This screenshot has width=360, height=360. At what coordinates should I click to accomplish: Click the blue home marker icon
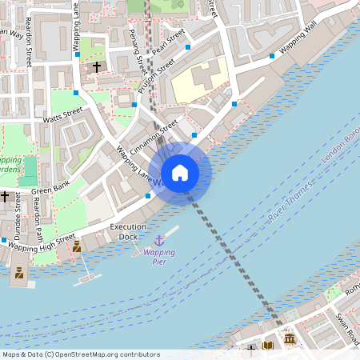[180, 173]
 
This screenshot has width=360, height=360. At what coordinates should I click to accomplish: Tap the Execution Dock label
[128, 232]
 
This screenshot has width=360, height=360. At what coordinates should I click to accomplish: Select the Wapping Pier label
[159, 257]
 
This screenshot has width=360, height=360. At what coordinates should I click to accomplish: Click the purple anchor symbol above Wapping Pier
[158, 240]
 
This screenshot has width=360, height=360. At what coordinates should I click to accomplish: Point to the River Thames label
[289, 206]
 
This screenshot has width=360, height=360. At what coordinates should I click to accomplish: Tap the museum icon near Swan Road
[289, 342]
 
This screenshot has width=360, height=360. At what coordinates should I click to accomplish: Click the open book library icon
[269, 346]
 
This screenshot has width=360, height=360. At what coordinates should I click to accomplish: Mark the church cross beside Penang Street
[97, 66]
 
